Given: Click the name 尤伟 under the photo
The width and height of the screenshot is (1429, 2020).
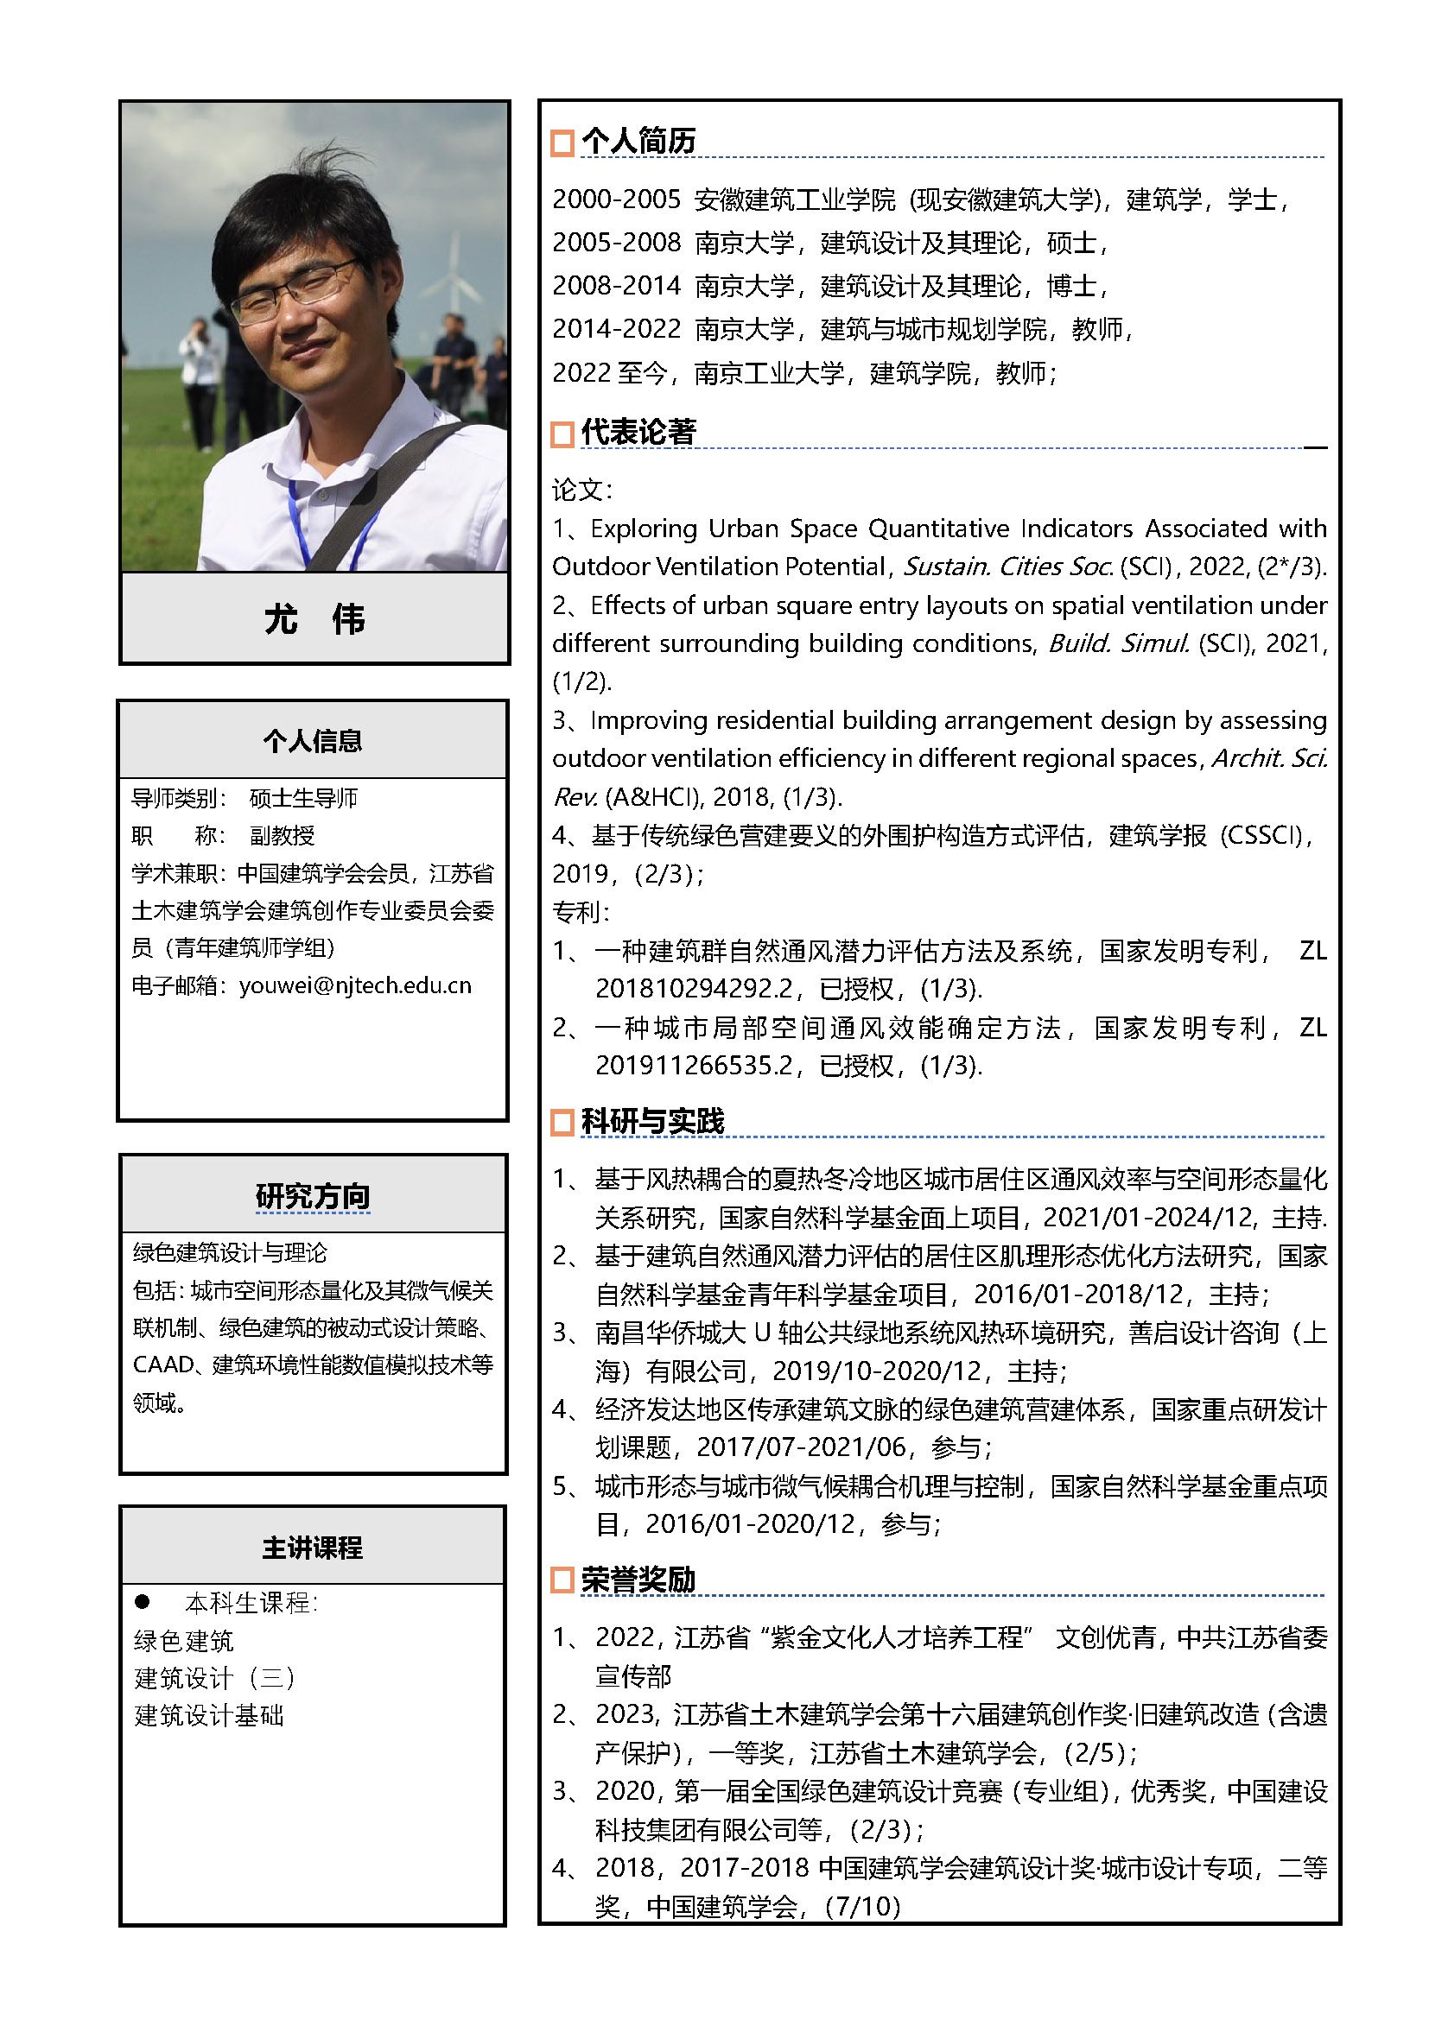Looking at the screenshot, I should coord(314,618).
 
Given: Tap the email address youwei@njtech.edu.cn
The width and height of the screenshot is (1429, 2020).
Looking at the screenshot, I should coord(354,985).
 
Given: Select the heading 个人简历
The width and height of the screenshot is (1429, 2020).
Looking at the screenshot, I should coord(638,141).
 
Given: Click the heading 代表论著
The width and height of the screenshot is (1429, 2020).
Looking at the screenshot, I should coord(638,432).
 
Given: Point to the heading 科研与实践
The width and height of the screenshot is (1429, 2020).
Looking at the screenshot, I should coord(652,1121).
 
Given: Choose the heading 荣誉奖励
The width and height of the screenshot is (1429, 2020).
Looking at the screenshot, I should coord(638,1580).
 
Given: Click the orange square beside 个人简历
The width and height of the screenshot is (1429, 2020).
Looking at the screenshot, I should coord(562,143).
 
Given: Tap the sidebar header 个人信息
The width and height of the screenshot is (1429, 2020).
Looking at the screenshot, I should coord(313,741).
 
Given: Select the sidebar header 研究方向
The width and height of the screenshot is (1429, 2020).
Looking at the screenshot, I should coord(313,1195).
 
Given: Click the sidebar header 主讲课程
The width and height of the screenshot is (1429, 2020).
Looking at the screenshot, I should coord(313,1548).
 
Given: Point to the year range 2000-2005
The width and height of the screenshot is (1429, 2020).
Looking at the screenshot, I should coord(616,199).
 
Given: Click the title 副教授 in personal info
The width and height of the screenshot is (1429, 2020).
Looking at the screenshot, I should coord(282,835).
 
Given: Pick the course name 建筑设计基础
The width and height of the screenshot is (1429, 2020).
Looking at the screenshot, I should coord(208,1715).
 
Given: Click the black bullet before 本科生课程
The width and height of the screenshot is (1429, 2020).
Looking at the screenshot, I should coord(142,1601).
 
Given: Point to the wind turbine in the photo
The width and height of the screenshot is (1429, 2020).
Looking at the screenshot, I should coord(454,273).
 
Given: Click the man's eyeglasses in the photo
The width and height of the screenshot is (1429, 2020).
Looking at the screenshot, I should coord(295,290).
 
